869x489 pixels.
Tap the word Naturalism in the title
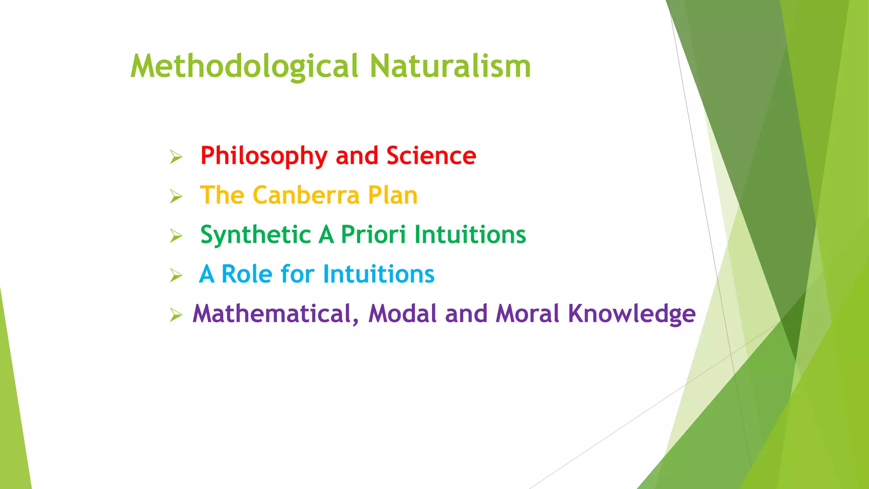450,67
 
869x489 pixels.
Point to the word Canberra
306,195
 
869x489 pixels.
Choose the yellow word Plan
392,195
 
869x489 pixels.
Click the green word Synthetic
256,235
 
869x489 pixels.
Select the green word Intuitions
470,235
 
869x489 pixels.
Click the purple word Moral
527,314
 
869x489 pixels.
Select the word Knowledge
632,315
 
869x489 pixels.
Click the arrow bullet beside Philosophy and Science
176,157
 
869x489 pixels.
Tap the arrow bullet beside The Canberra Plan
176,197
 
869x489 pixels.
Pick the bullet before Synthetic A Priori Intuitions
176,236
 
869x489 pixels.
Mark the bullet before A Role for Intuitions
176,275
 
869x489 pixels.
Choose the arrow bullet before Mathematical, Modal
176,315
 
